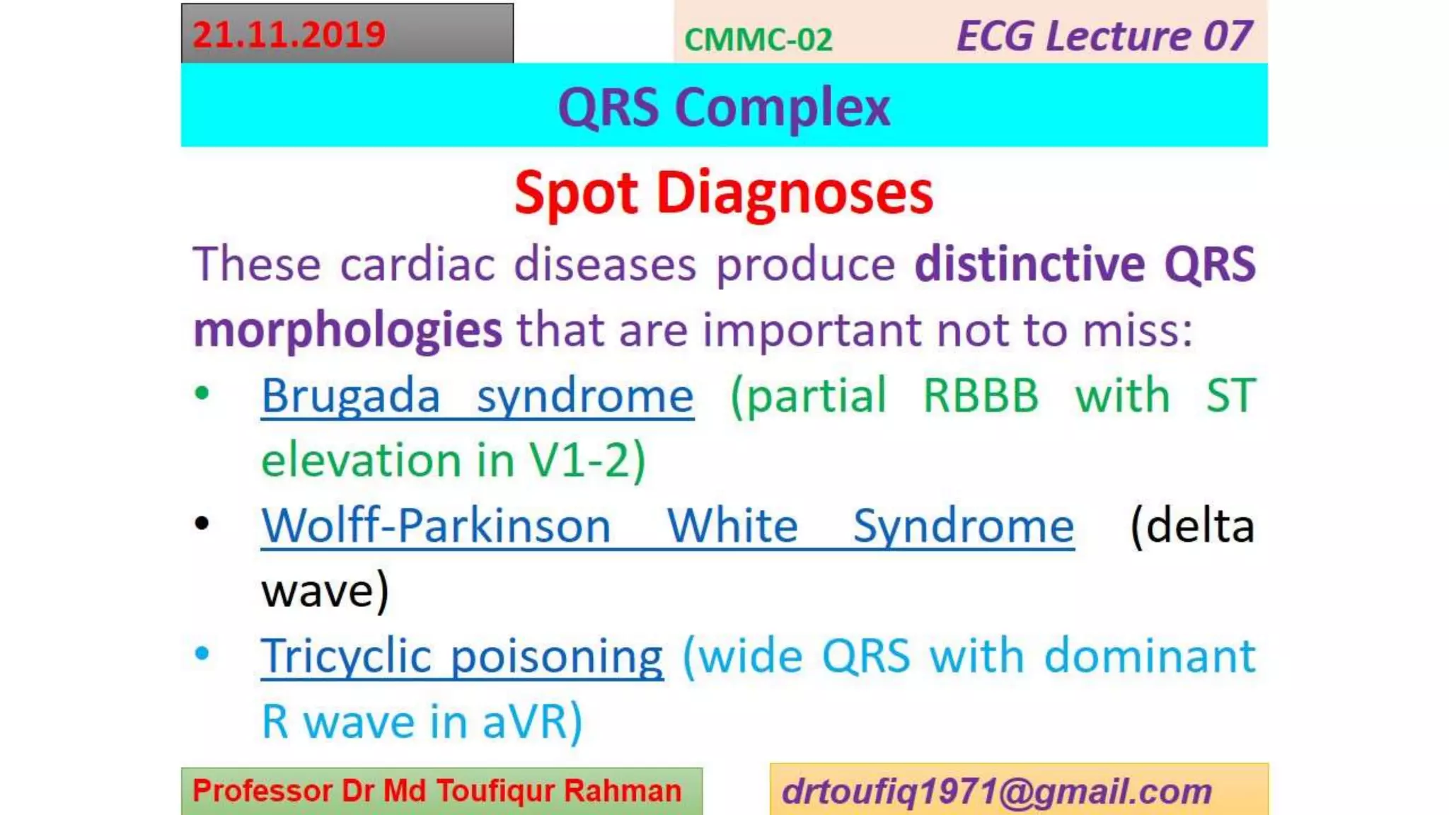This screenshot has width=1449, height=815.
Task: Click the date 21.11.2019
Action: tap(289, 35)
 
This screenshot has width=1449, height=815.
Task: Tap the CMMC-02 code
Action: tap(758, 40)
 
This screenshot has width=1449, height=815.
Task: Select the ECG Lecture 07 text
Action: tap(1104, 36)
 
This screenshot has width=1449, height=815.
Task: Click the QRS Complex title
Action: tap(724, 108)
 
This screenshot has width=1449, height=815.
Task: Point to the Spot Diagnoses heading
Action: tap(724, 192)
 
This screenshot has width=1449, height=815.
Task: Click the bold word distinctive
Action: tap(1029, 264)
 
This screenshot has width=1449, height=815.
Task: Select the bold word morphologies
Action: tap(347, 330)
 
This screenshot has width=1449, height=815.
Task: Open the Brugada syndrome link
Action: tap(478, 395)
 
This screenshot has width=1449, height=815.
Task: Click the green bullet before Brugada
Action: tap(202, 393)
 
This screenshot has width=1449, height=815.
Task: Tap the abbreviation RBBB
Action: tap(981, 395)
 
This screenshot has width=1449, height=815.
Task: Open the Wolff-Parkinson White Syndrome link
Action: tap(667, 526)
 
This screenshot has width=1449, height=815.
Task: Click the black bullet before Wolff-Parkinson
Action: tap(202, 524)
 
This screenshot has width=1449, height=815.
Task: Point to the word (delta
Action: tap(1192, 526)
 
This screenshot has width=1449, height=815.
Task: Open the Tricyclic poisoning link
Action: tap(462, 657)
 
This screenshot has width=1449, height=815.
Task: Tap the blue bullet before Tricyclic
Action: tap(202, 654)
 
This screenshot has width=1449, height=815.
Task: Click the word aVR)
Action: tap(532, 722)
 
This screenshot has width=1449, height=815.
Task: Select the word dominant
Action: tap(1150, 657)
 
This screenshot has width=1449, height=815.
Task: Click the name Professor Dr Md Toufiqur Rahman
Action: tap(437, 791)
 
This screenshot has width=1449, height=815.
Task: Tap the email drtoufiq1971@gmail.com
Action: tap(997, 791)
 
